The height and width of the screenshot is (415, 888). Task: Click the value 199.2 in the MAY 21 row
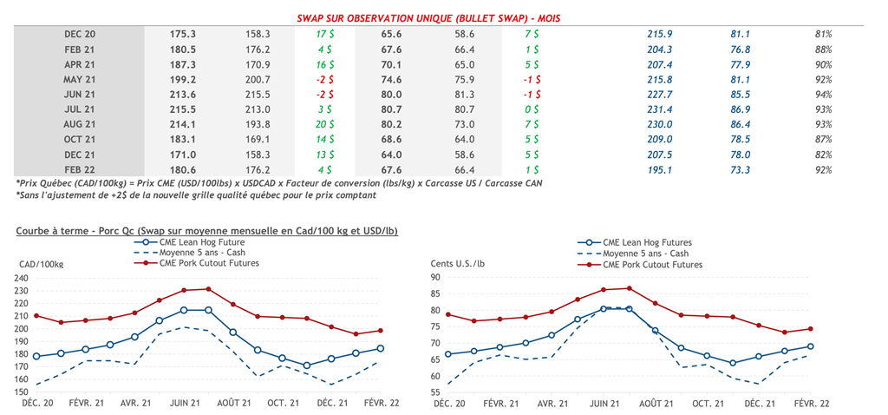[x=182, y=79]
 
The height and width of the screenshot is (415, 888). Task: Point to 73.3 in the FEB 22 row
[x=740, y=170]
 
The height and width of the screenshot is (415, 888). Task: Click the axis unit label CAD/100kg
[x=42, y=262]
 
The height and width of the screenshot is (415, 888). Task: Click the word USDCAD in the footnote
[x=274, y=184]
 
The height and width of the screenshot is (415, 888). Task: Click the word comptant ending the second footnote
[x=353, y=196]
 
